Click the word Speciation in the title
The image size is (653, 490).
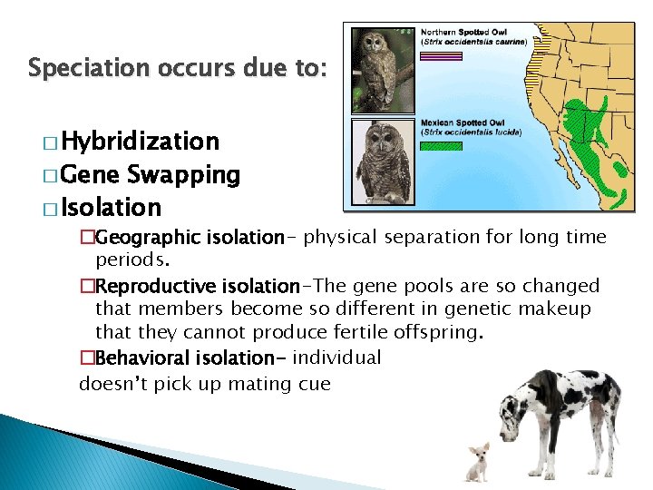(76, 68)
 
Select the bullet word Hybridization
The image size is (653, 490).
(141, 142)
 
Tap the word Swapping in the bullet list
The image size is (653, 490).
(184, 174)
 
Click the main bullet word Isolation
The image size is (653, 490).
(113, 208)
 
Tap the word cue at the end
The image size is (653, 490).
(314, 384)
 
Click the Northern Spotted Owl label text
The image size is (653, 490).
(463, 32)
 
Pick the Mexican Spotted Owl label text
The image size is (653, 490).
(463, 122)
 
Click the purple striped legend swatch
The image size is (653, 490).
(442, 55)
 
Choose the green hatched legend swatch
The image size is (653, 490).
(442, 145)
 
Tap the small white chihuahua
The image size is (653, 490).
(477, 460)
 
